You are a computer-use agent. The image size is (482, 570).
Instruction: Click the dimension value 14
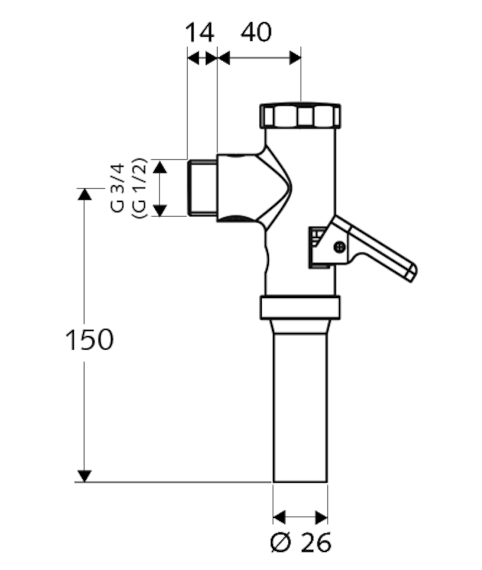point(200,32)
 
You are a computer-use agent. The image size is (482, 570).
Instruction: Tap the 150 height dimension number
point(90,340)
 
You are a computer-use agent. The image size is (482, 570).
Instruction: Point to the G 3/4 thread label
point(117,188)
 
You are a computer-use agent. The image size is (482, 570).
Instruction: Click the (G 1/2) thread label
point(139,188)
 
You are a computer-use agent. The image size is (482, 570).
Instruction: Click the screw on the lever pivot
point(340,247)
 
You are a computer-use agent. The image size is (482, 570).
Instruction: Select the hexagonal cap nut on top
point(300,116)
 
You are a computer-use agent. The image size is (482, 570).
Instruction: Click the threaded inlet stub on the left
point(203,188)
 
